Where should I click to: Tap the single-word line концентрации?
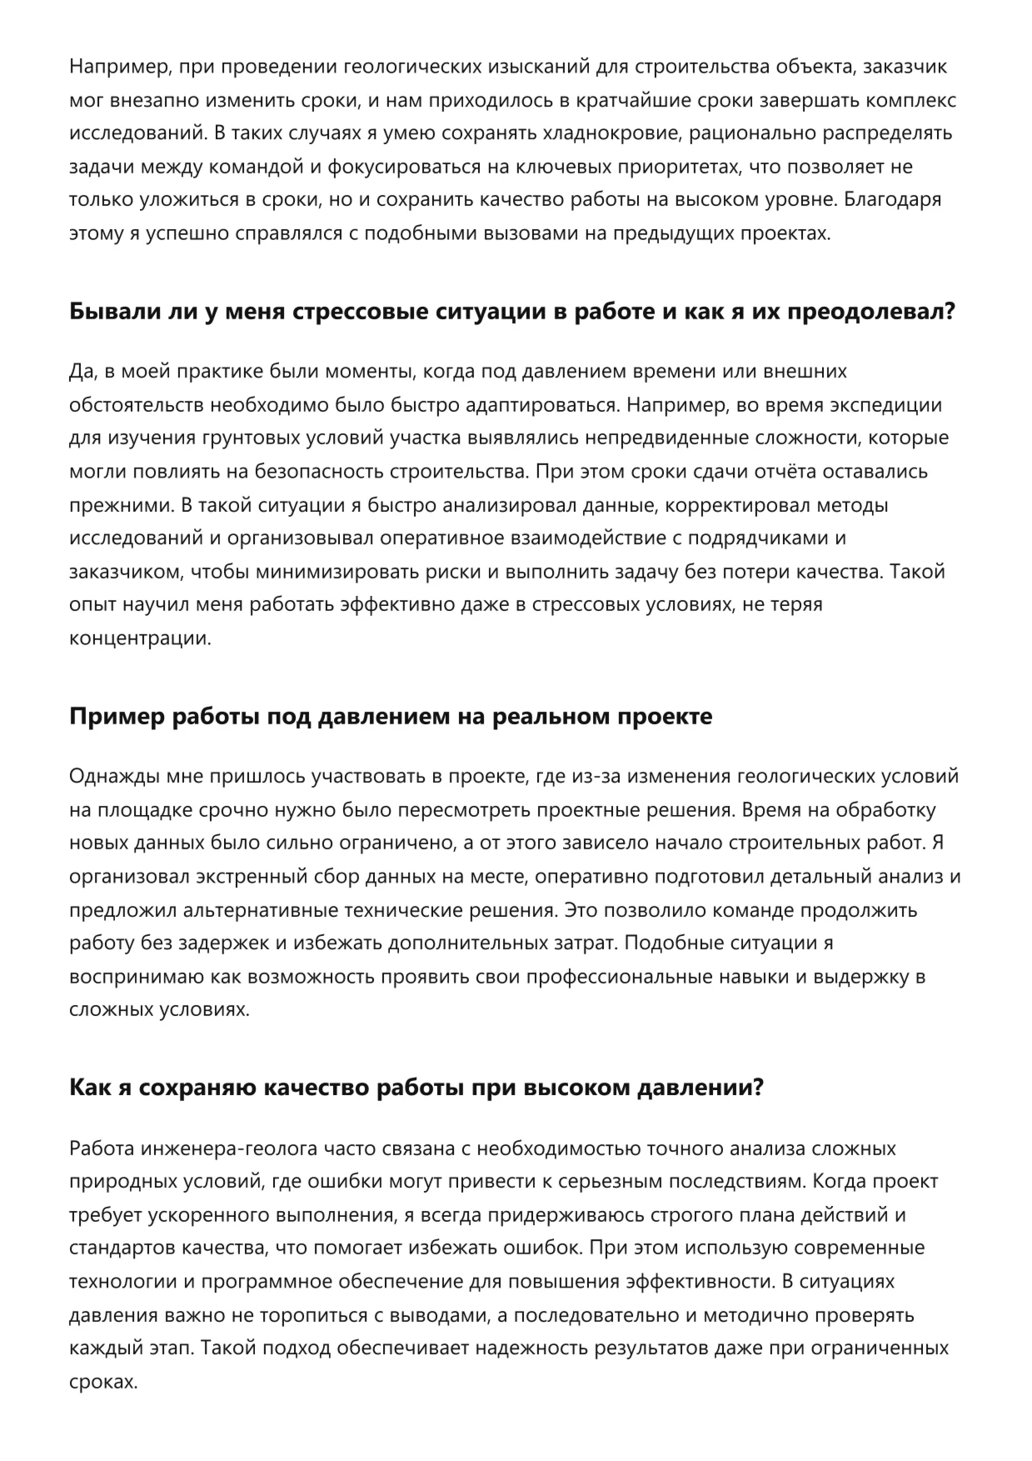140,638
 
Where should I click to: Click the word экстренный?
251,877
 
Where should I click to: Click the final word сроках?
102,1382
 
